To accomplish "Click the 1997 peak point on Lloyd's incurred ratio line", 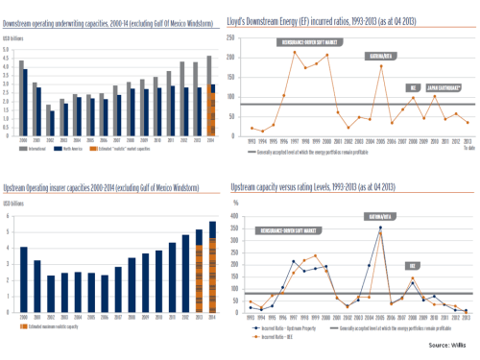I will point(295,51).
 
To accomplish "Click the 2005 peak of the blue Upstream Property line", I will point(381,227).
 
